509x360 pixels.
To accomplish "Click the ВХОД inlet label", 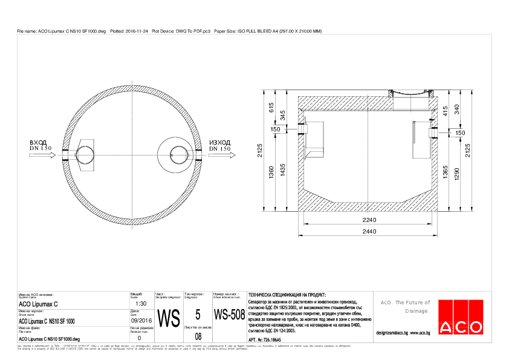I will click(x=38, y=143).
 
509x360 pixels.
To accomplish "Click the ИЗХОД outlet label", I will click(x=219, y=143).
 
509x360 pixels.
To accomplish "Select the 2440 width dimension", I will click(x=368, y=232).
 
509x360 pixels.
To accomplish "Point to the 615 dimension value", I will click(x=271, y=107).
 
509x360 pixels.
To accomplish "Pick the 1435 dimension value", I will click(x=282, y=170).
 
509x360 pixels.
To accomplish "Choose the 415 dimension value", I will click(x=446, y=111).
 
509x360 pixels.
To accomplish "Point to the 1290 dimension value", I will click(x=457, y=173).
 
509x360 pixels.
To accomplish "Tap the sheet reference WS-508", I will click(x=229, y=315).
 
